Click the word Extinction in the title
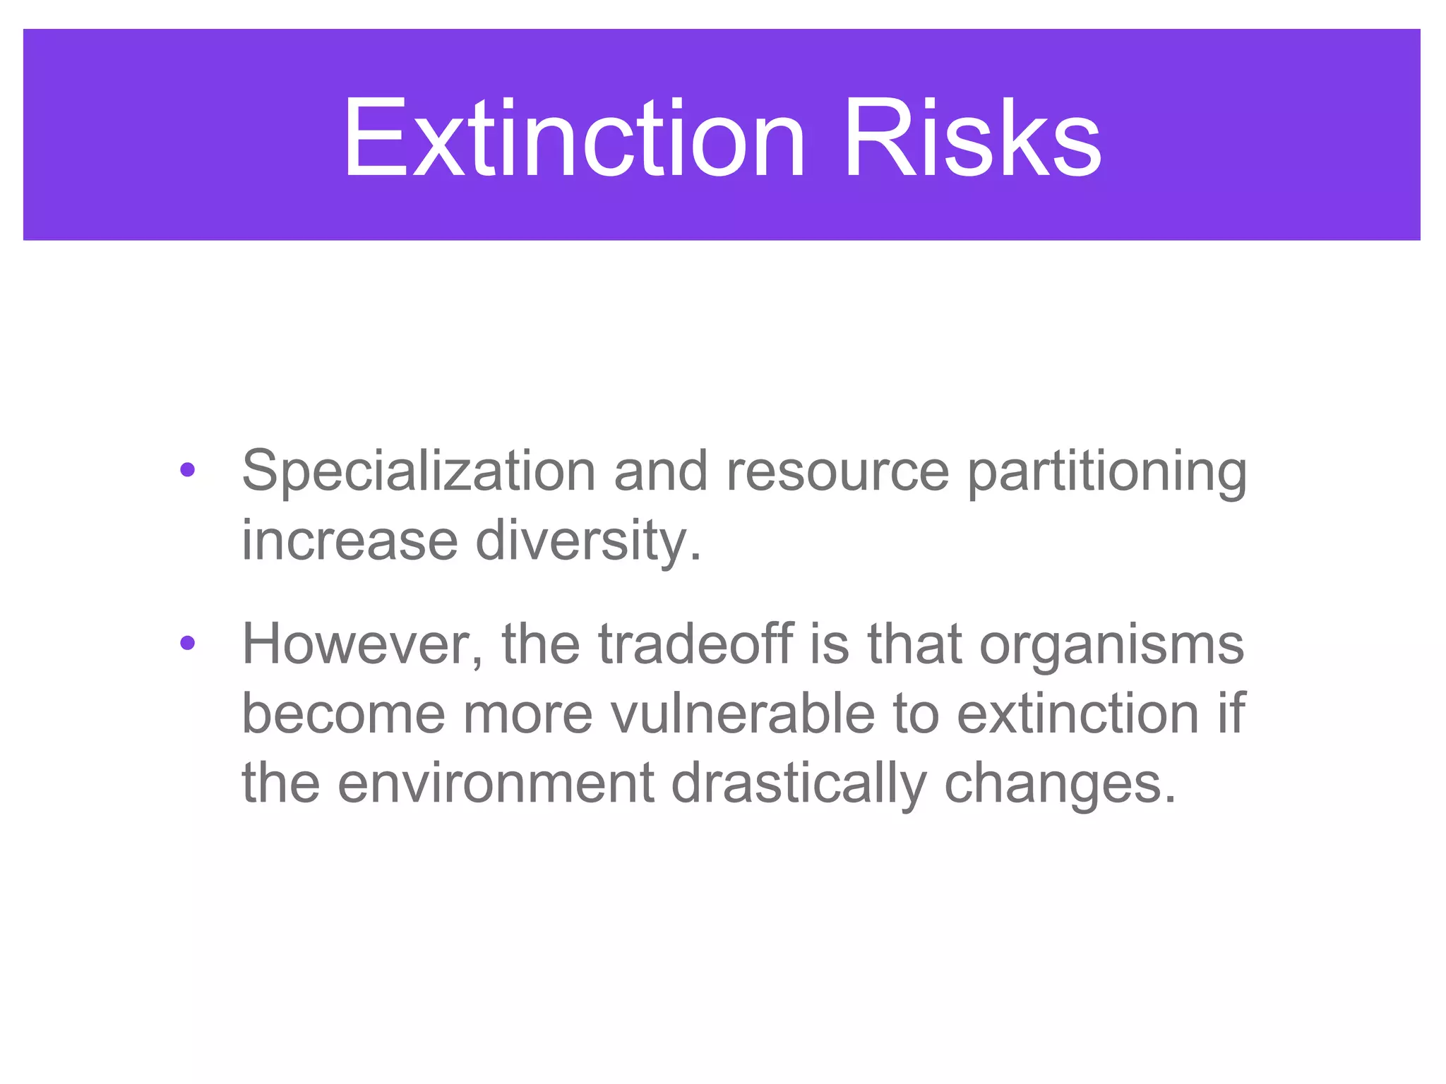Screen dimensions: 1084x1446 [573, 138]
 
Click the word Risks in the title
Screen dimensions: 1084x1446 [972, 138]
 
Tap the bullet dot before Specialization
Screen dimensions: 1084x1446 [187, 469]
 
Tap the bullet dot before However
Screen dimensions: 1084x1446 [187, 642]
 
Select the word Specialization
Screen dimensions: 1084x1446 [419, 471]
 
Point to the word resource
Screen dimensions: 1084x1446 [837, 471]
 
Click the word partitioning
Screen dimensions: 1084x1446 [1106, 471]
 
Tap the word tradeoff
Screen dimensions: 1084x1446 [695, 644]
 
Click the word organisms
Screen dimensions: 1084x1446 [1111, 644]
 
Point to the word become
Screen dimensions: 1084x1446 [343, 713]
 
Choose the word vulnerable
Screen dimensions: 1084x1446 [743, 713]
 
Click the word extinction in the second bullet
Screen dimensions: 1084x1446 [1077, 713]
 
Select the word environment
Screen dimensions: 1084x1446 [496, 783]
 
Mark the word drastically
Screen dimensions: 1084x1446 [798, 783]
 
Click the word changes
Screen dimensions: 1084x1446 [1059, 783]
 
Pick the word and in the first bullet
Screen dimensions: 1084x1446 [660, 471]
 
